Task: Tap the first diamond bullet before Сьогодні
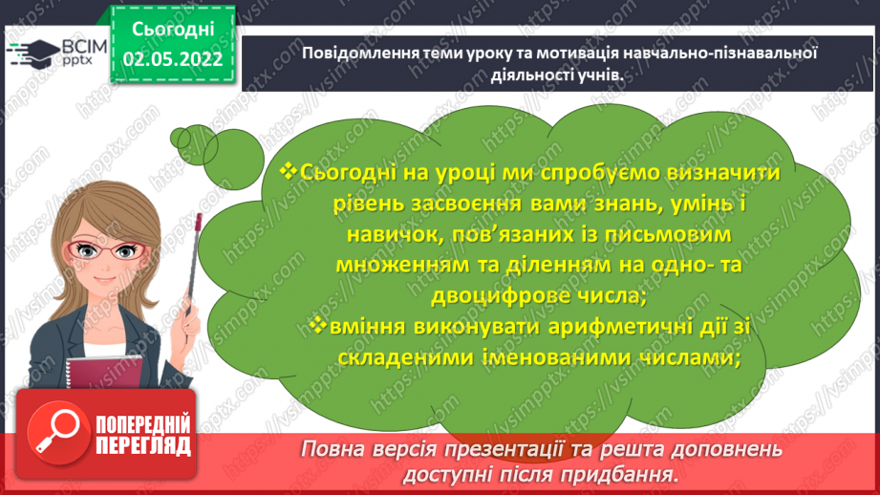tap(290, 171)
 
